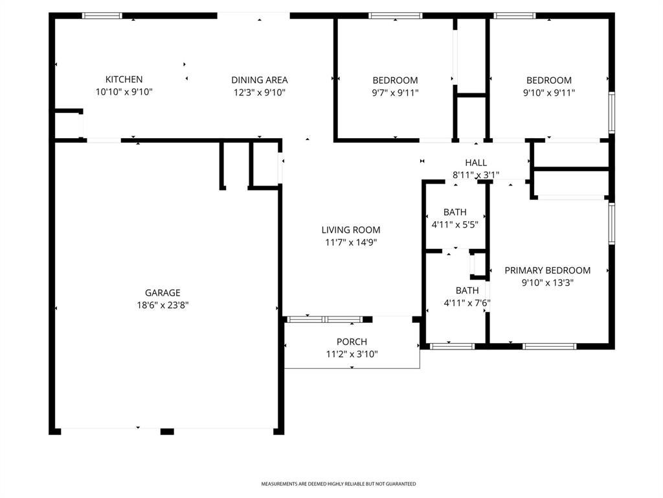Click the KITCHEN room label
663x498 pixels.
[x=124, y=79]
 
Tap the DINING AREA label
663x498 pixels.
[x=259, y=80]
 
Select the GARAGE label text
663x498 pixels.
[x=163, y=292]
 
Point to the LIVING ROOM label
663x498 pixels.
[x=351, y=230]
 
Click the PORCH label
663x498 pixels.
[x=352, y=342]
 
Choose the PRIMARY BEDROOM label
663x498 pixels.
[x=548, y=270]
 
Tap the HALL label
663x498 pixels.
[x=476, y=163]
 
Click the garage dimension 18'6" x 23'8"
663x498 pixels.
[x=163, y=305]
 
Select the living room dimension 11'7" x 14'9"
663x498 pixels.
[x=351, y=243]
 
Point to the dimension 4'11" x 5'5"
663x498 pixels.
[x=455, y=224]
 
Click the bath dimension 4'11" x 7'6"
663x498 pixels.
[x=467, y=303]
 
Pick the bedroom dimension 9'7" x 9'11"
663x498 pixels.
[x=396, y=93]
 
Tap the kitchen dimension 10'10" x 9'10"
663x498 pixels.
[x=124, y=92]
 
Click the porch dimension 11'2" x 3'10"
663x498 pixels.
[x=352, y=354]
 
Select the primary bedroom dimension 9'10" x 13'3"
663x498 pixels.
[x=548, y=283]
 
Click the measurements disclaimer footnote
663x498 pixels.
[x=338, y=484]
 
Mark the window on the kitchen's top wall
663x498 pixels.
[x=102, y=16]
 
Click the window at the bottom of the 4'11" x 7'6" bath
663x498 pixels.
[x=453, y=346]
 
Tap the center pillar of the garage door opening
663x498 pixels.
[x=167, y=431]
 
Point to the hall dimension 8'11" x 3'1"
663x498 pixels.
[x=476, y=174]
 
